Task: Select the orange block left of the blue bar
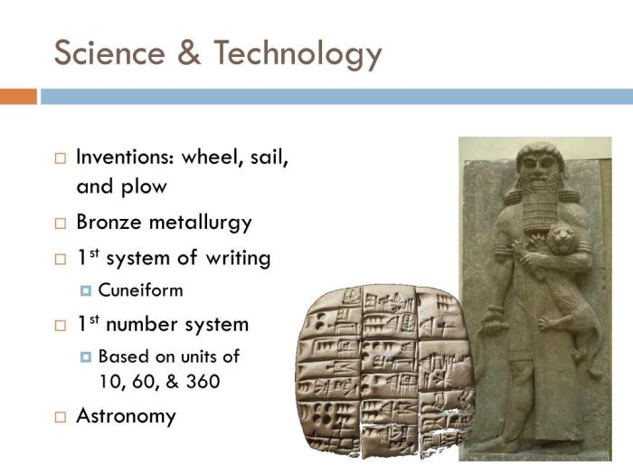[18, 96]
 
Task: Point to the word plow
[144, 186]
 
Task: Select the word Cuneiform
[140, 290]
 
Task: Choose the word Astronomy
[126, 416]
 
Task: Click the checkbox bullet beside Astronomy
[60, 417]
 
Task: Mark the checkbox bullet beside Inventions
[60, 157]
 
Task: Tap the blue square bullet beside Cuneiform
[87, 291]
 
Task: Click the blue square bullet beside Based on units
[87, 356]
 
